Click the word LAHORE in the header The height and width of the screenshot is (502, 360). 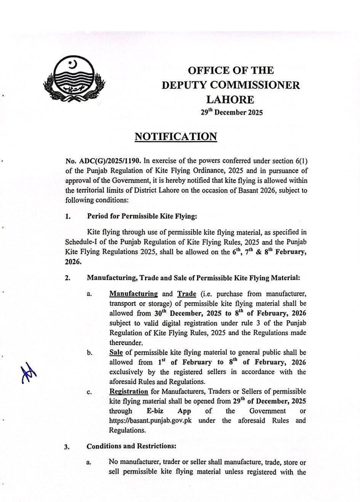(230, 99)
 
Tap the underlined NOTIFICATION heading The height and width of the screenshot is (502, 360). (176, 136)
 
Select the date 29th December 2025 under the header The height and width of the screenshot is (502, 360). (232, 113)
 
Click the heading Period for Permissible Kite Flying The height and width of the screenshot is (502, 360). (142, 217)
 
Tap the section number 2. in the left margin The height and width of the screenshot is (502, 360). (67, 278)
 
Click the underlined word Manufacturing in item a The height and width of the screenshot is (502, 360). (133, 294)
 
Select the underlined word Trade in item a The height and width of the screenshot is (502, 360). (186, 294)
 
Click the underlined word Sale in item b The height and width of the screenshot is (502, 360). (116, 353)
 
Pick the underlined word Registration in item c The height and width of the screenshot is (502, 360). (128, 391)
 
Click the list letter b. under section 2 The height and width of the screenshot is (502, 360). (90, 353)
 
